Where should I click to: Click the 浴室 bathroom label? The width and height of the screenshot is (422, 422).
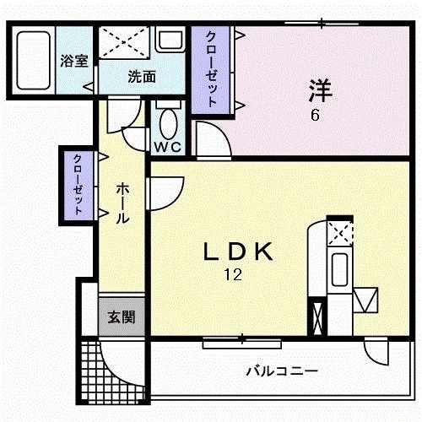(73, 61)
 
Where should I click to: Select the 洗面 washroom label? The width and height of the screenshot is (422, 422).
(141, 76)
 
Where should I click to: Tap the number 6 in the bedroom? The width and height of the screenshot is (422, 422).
(314, 116)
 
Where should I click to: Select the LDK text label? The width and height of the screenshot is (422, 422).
(239, 251)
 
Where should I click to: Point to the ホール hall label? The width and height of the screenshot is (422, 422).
(122, 203)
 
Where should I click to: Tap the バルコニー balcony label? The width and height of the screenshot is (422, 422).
(281, 371)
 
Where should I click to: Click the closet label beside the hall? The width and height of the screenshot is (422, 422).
(78, 185)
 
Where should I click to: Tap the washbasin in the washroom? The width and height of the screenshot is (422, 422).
(170, 41)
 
